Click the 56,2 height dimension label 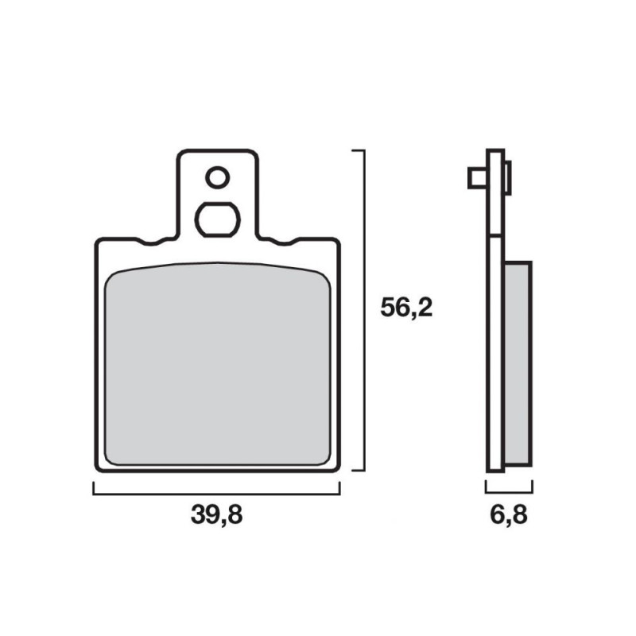(406, 308)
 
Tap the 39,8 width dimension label (216, 514)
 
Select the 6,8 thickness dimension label (509, 514)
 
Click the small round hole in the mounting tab (217, 177)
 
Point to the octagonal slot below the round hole (217, 219)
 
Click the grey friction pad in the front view (218, 364)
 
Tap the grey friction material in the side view (518, 364)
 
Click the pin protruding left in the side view (478, 177)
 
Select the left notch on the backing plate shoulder (150, 242)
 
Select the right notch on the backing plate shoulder (284, 242)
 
